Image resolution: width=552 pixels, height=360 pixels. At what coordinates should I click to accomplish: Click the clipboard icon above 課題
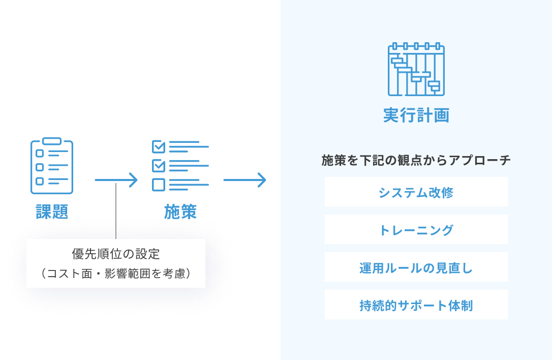pos(52,166)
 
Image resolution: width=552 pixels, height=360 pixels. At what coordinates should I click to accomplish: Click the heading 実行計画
pos(416,115)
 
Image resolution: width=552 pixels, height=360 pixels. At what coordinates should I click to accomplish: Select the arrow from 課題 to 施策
pos(116,180)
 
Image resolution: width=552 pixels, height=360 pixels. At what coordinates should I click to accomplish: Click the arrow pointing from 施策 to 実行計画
pos(244,180)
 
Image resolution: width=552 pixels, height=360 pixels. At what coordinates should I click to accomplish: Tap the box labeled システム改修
pos(416,192)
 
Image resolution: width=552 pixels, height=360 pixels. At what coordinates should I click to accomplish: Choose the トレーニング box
pos(416,230)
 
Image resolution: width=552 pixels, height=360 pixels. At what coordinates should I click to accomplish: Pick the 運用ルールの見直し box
pos(416,267)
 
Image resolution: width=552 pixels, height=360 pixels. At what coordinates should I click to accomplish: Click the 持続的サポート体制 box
pos(416,305)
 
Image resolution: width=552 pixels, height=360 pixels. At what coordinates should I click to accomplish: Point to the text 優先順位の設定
pos(116,253)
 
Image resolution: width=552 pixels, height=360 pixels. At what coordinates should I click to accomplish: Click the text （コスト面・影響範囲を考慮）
pos(116,274)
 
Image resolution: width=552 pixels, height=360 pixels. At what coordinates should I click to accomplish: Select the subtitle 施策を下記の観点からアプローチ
pos(416,161)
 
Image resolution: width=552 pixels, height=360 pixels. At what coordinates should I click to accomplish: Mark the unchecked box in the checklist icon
pos(159,185)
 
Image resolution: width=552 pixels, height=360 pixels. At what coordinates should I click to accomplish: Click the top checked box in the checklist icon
pos(159,147)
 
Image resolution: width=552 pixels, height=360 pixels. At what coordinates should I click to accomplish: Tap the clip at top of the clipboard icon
pos(52,141)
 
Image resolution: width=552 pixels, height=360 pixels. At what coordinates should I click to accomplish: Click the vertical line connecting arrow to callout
pos(116,211)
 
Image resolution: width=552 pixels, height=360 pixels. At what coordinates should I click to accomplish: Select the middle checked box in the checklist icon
pos(159,166)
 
